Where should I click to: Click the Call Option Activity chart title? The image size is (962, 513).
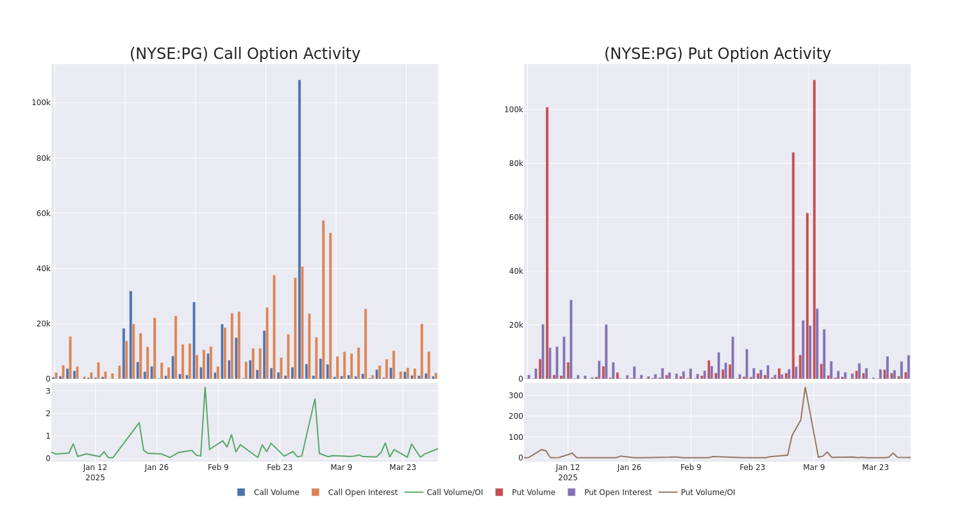pyautogui.click(x=244, y=54)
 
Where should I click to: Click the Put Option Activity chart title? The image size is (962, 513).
pyautogui.click(x=717, y=54)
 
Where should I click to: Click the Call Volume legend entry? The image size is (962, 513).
pyautogui.click(x=268, y=492)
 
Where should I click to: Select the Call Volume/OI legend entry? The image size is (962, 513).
pyautogui.click(x=444, y=492)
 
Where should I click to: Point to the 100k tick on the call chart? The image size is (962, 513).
pyautogui.click(x=41, y=103)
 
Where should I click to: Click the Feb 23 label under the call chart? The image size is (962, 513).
pyautogui.click(x=280, y=467)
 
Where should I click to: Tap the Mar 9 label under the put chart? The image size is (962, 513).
pyautogui.click(x=814, y=467)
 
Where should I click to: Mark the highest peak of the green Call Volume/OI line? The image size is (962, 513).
pyautogui.click(x=205, y=387)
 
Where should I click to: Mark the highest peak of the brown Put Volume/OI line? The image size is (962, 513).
pyautogui.click(x=805, y=387)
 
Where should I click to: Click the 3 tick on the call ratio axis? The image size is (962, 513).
pyautogui.click(x=47, y=391)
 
